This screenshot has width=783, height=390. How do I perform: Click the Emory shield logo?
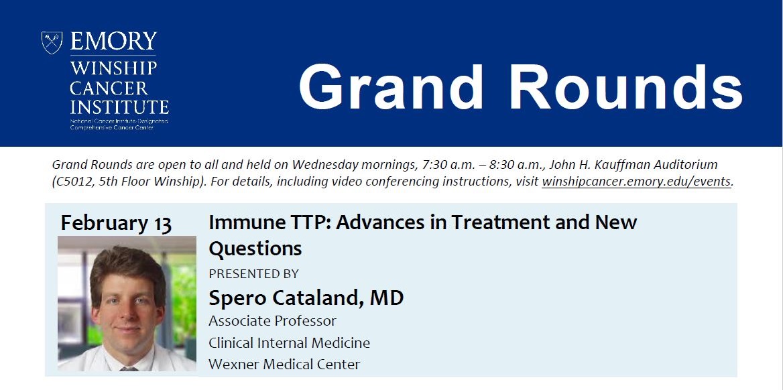(x=52, y=42)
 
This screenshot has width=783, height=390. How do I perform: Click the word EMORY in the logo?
(x=113, y=42)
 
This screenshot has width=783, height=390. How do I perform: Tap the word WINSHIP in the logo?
(x=113, y=68)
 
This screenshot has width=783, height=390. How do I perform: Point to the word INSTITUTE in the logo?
(x=119, y=107)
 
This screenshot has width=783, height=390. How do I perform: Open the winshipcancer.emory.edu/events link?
(x=636, y=182)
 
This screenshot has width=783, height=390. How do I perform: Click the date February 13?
(x=116, y=223)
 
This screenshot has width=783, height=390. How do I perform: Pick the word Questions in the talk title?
(x=255, y=248)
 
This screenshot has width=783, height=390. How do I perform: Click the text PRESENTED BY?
(x=253, y=273)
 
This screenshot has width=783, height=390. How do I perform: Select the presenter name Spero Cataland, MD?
(x=306, y=298)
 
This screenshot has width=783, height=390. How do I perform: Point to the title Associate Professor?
(x=273, y=320)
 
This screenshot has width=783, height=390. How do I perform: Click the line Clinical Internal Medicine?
(x=289, y=342)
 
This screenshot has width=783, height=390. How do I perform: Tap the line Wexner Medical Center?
(x=284, y=365)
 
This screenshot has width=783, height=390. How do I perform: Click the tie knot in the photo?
(x=128, y=369)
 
